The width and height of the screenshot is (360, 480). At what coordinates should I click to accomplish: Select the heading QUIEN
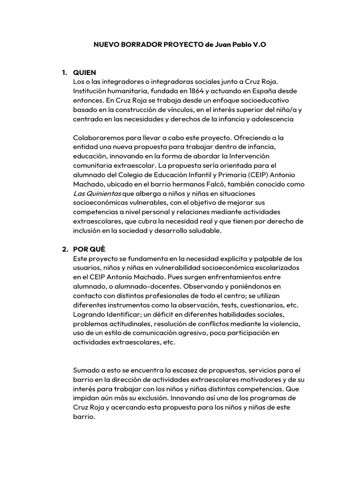pos(84,73)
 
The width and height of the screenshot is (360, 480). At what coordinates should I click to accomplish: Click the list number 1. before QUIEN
pos(65,73)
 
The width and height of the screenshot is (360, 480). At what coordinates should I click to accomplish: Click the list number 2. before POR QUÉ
pos(65,249)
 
